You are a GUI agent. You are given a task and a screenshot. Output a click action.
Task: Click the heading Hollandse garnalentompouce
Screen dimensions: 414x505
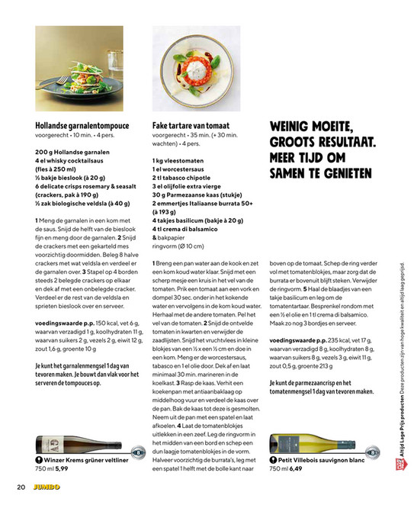pyautogui.click(x=82, y=125)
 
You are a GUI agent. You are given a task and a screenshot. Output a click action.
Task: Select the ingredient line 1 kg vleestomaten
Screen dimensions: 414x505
pyautogui.click(x=178, y=160)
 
